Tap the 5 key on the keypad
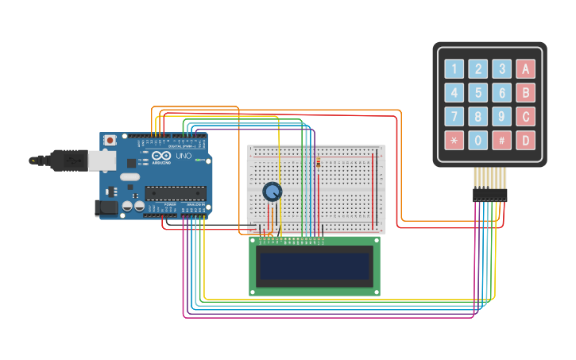477,93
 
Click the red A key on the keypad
525,69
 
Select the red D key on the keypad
525,141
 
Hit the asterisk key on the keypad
454,141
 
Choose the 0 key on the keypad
477,141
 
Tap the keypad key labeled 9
501,117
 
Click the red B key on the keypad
525,93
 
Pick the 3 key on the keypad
501,69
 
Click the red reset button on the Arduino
109,141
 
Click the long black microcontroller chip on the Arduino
175,192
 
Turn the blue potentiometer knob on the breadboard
272,192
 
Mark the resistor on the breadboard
319,163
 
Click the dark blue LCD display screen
315,266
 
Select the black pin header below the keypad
489,194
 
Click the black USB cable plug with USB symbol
68,161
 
